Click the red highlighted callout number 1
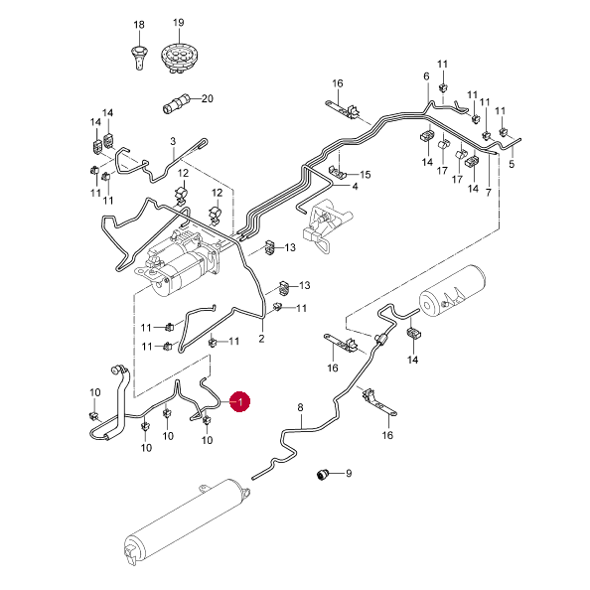pyautogui.click(x=240, y=401)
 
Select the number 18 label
pyautogui.click(x=139, y=25)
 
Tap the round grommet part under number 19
pyautogui.click(x=179, y=56)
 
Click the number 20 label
pyautogui.click(x=208, y=98)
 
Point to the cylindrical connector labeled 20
pyautogui.click(x=177, y=103)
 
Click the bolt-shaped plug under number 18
pyautogui.click(x=139, y=58)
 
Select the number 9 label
pyautogui.click(x=349, y=473)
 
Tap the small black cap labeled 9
pyautogui.click(x=323, y=474)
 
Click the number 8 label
pyautogui.click(x=300, y=407)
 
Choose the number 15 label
pyautogui.click(x=365, y=175)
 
